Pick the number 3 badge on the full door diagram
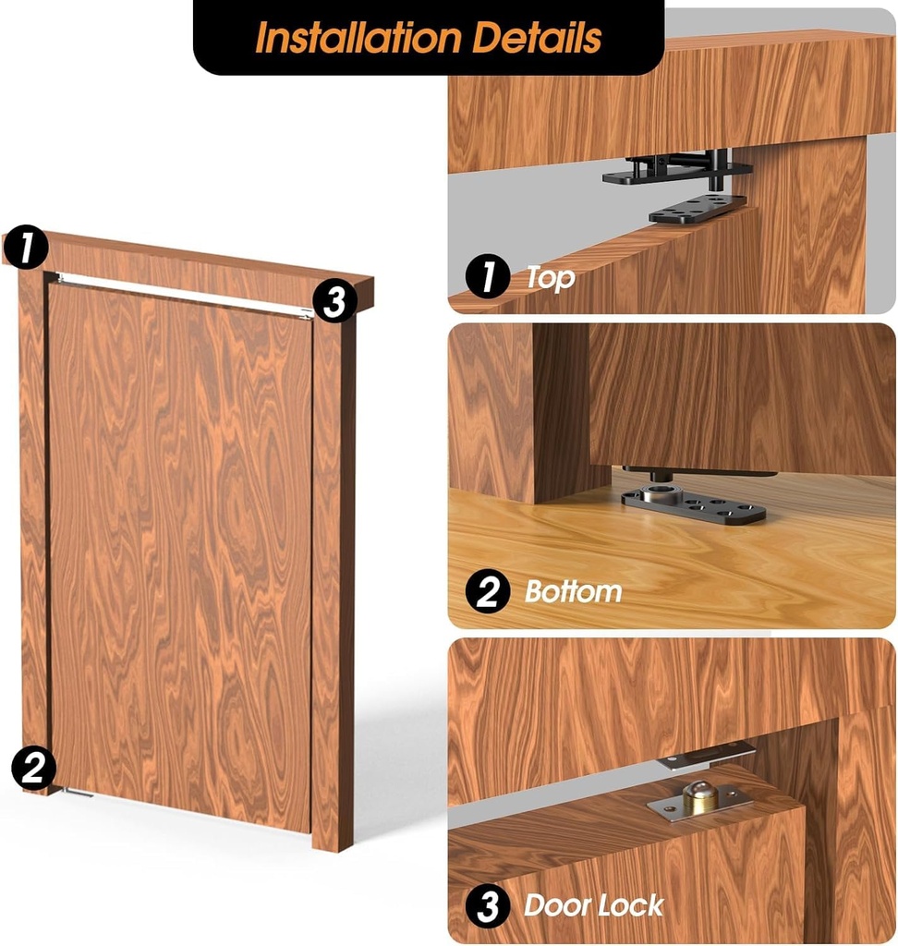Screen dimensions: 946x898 334,301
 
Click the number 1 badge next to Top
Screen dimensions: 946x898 488,277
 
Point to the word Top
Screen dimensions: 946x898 550,277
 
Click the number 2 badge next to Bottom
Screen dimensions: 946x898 488,592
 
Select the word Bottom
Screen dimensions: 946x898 573,592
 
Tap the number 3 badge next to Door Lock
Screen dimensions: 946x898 488,906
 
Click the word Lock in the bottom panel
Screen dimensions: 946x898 631,905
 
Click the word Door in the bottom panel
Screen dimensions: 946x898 557,905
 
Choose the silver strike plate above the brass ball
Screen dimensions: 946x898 706,758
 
